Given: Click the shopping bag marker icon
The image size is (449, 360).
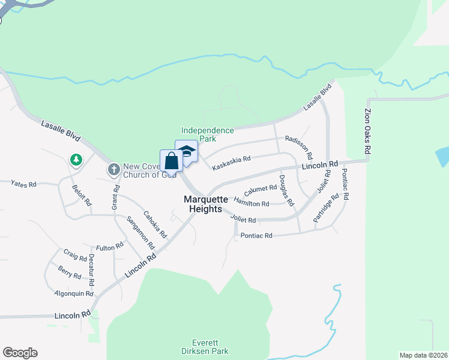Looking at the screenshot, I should [171, 161].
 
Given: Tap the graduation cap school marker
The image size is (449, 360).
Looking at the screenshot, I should [186, 152].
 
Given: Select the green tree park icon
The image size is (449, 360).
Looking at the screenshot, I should [76, 160].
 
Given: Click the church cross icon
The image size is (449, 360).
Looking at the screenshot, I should [113, 170].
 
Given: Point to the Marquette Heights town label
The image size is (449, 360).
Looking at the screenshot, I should [206, 204].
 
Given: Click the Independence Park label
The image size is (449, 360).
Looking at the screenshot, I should [208, 134].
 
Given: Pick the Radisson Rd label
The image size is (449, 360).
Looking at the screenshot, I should [298, 147].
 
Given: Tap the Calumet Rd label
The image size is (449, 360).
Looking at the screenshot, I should [260, 190].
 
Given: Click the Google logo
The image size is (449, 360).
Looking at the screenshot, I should [20, 353].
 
